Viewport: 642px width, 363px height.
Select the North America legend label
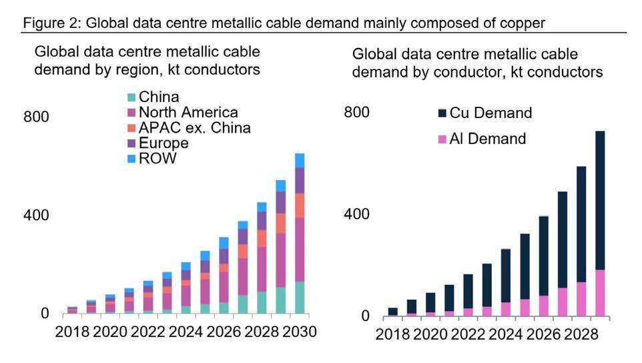click(188, 113)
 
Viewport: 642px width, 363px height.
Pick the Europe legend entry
click(164, 143)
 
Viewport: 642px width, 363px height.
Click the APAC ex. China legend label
click(194, 127)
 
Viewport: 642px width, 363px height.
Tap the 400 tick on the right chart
click(358, 215)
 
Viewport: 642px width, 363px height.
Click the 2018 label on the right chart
click(393, 334)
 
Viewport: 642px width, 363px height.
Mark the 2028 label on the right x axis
click(582, 334)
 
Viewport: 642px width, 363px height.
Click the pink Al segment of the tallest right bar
click(600, 293)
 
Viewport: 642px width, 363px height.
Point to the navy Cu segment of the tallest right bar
click(600, 200)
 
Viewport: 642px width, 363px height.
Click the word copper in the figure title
click(522, 23)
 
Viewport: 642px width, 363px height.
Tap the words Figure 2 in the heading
click(49, 23)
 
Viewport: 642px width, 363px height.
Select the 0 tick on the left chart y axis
click(45, 314)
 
